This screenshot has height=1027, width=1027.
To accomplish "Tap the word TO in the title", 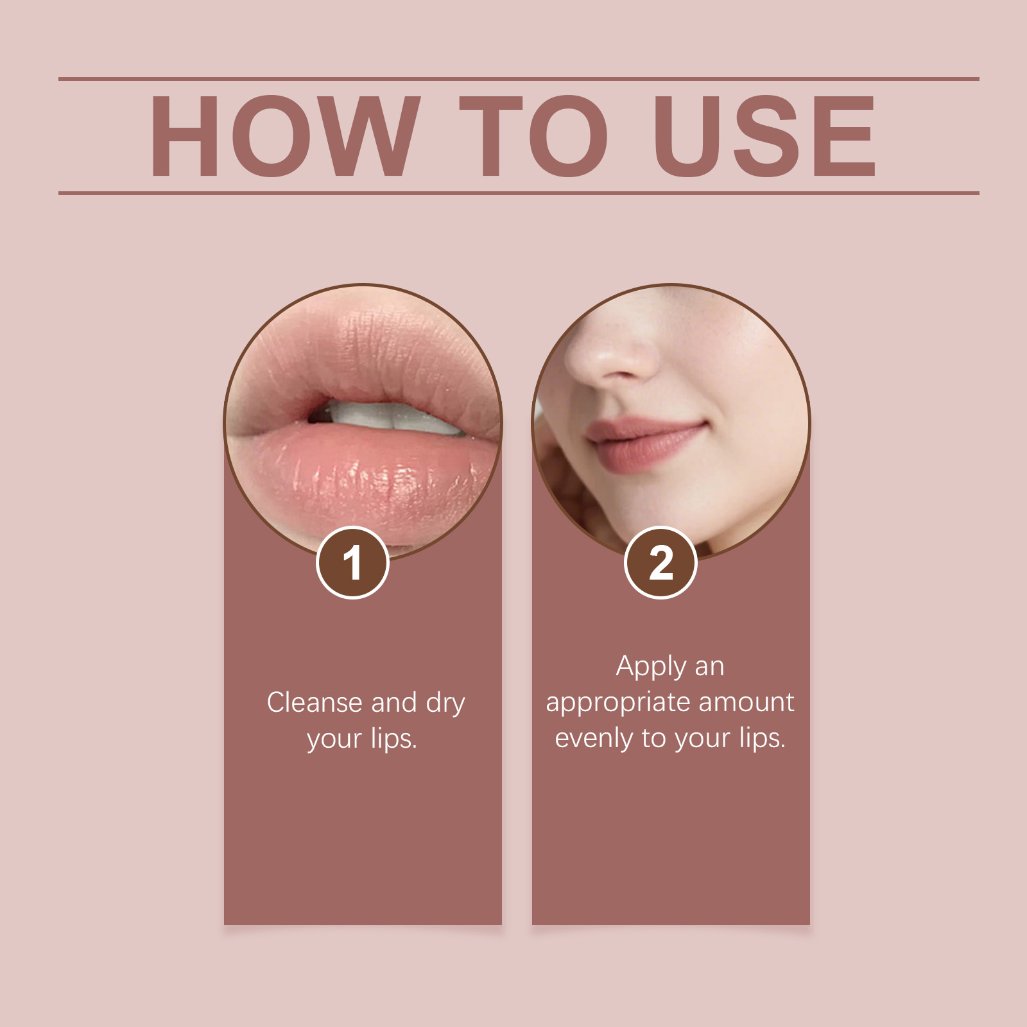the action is pos(533,136).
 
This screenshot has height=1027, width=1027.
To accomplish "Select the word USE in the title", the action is pos(764,136).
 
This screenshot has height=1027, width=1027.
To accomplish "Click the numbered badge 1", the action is pos(352,562).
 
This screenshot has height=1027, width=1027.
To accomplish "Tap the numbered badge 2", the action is pos(660,562).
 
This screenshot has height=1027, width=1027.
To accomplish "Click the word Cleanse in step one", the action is pos(315,702).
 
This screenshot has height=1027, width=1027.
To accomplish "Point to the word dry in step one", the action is pos(445,704).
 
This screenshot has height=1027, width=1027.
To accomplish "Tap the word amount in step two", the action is pos(747,702).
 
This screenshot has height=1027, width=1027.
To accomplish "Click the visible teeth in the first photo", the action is pos(385,417).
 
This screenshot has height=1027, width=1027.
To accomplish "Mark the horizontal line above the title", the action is pos(519,79).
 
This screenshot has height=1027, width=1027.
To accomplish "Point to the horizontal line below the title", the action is pos(519,193).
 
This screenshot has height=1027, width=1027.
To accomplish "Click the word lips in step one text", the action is pos(393,740).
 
